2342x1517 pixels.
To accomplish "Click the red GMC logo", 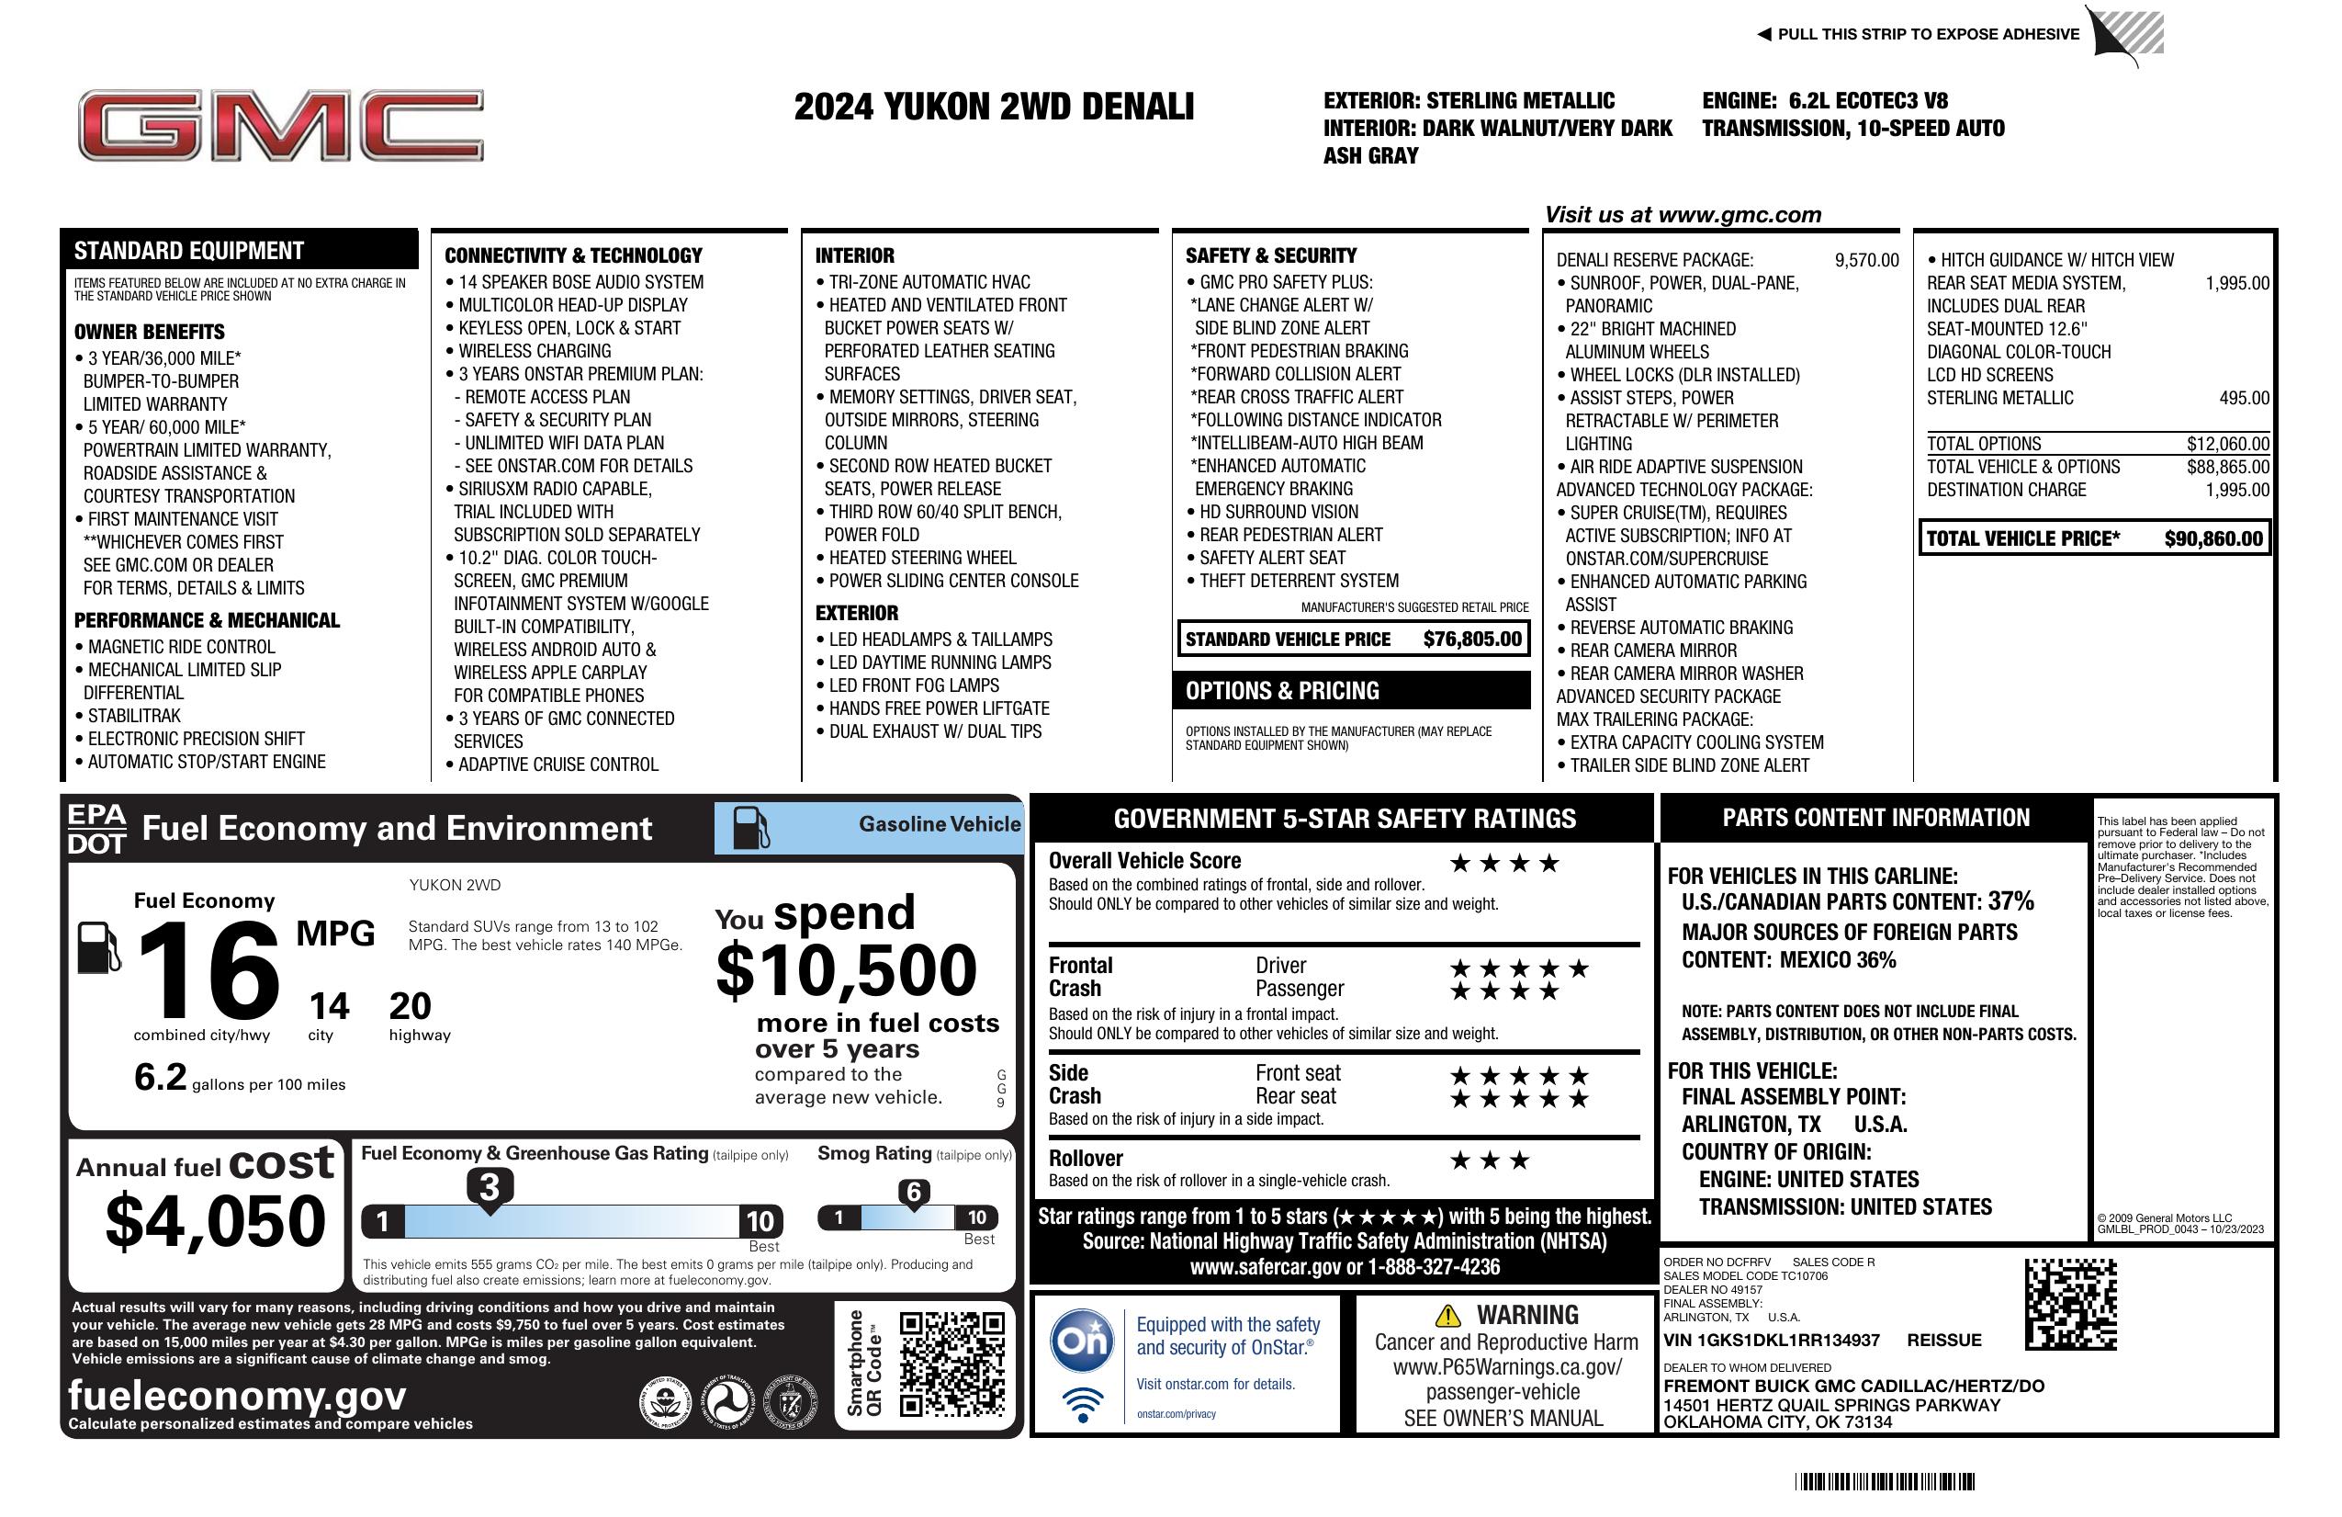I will pyautogui.click(x=280, y=125).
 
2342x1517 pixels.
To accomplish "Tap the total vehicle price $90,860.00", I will pyautogui.click(x=2213, y=538).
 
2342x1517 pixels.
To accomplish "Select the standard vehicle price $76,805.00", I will pyautogui.click(x=1471, y=639).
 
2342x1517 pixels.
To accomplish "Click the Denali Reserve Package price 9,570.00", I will pyautogui.click(x=1865, y=260).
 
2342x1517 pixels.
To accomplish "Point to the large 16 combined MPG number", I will pyautogui.click(x=208, y=970).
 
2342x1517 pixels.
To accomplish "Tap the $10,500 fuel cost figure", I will pyautogui.click(x=846, y=970).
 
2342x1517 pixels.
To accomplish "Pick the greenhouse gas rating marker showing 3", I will pyautogui.click(x=489, y=1187).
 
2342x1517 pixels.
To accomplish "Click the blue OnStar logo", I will pyautogui.click(x=1082, y=1340).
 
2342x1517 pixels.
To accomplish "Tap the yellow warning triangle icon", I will pyautogui.click(x=1447, y=1315).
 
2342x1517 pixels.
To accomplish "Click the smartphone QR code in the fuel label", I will pyautogui.click(x=951, y=1364).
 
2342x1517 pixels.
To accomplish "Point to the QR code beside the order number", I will pyautogui.click(x=2070, y=1305).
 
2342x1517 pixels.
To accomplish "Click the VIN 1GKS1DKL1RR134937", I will pyautogui.click(x=1771, y=1340).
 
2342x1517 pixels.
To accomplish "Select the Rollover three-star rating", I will pyautogui.click(x=1490, y=1160).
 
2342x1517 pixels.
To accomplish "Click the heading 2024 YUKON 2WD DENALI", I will pyautogui.click(x=994, y=107).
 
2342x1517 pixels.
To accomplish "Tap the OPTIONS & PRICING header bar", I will pyautogui.click(x=1350, y=690).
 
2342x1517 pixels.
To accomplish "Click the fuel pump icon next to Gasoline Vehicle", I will pyautogui.click(x=751, y=827).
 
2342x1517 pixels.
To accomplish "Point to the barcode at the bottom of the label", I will pyautogui.click(x=1884, y=1481).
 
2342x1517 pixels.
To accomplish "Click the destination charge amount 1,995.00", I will pyautogui.click(x=2236, y=489).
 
